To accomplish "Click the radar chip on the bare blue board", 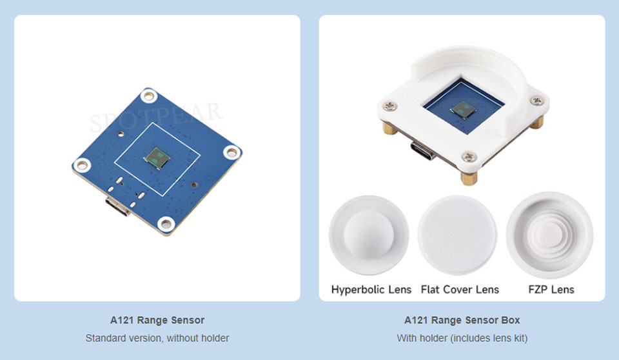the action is tap(157, 157).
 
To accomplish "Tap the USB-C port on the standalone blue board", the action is tap(117, 206).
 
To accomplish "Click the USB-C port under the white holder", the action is tap(423, 150).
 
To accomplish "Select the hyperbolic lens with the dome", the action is tap(369, 235).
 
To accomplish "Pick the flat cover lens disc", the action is tap(458, 235).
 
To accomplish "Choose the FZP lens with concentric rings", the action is tap(549, 235).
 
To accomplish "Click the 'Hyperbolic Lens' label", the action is tap(371, 290).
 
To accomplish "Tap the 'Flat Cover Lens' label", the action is tap(460, 290).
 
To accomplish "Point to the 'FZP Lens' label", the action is tap(551, 290).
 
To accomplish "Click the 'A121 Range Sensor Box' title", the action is tap(462, 320).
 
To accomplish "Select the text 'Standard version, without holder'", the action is tap(157, 338).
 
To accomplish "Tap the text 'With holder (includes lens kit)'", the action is tap(462, 338).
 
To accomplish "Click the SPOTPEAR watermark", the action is tap(155, 117).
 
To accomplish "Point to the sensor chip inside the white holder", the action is tap(463, 110).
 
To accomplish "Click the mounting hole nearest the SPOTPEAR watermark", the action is tap(149, 95).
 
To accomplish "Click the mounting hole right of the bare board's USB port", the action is tap(166, 224).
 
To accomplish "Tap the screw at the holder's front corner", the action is tap(469, 157).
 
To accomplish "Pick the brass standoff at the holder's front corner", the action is tap(469, 177).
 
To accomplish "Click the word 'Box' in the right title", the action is tap(511, 320).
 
